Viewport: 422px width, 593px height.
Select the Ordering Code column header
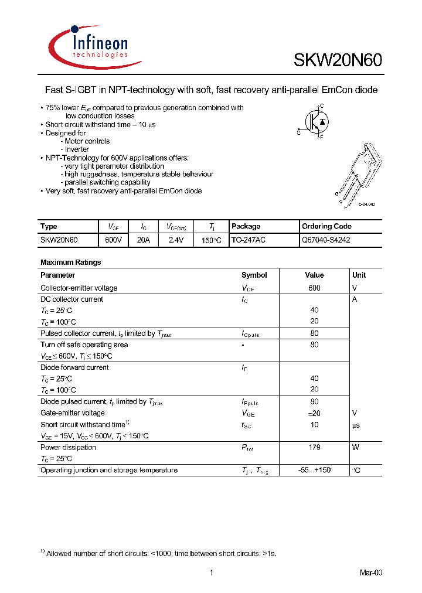[x=326, y=227]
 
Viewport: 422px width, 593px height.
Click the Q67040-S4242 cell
[x=326, y=240]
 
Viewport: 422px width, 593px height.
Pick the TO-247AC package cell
[x=249, y=240]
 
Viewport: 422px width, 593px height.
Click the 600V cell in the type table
[x=113, y=240]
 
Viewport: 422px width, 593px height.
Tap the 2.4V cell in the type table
[x=176, y=240]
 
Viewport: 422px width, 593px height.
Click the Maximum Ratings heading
[x=71, y=263]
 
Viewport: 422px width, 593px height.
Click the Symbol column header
[x=254, y=275]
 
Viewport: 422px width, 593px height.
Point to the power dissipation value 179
[x=314, y=448]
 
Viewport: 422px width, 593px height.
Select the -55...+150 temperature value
[x=314, y=470]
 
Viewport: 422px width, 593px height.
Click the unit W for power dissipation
[x=355, y=448]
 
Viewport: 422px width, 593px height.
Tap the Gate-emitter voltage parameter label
[x=73, y=413]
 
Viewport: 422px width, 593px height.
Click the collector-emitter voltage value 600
[x=314, y=288]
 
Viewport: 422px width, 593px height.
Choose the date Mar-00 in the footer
[x=370, y=572]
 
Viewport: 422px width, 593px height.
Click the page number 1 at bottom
[x=210, y=572]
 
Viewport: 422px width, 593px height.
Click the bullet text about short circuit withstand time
[x=101, y=125]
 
